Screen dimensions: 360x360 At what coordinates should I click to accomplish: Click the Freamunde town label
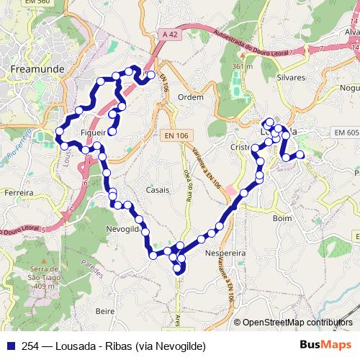point(37,69)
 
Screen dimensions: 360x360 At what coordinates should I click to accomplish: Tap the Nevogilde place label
point(127,228)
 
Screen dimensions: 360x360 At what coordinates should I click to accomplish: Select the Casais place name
point(158,190)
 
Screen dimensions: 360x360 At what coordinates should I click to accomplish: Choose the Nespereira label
point(226,254)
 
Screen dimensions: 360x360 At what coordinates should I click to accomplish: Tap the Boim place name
point(282,217)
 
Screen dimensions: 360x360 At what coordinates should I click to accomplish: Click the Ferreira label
point(19,193)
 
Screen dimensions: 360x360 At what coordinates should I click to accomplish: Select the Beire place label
point(105,311)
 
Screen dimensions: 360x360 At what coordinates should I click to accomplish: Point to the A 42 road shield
point(170,34)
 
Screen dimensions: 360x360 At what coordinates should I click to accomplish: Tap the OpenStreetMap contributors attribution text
point(297,323)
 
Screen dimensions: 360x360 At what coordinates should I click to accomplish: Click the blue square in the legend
point(9,345)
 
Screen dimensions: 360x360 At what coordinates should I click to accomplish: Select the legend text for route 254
point(109,345)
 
